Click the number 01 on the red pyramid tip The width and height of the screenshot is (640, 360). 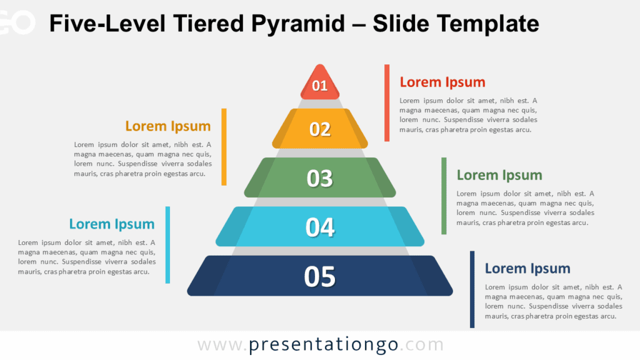(319, 86)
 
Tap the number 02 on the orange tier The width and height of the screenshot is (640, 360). (319, 129)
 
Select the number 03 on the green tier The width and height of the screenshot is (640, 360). (319, 178)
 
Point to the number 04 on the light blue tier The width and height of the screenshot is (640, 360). (319, 227)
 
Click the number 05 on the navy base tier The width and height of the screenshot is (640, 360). (319, 276)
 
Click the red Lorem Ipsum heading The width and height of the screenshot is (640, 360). (442, 82)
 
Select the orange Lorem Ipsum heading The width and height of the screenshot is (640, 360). (167, 126)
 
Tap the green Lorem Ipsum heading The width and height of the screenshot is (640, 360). (499, 175)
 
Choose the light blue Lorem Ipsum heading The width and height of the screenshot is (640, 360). (111, 224)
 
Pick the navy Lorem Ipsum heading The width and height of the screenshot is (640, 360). (527, 269)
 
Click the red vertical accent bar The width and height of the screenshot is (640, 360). (387, 102)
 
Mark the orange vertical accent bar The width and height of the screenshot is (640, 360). (224, 147)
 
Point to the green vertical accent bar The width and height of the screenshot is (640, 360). (444, 196)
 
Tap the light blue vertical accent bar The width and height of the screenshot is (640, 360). (167, 244)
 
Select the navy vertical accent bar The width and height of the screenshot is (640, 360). (472, 289)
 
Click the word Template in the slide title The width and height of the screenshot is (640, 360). (487, 24)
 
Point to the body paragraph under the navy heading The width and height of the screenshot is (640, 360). (553, 301)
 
